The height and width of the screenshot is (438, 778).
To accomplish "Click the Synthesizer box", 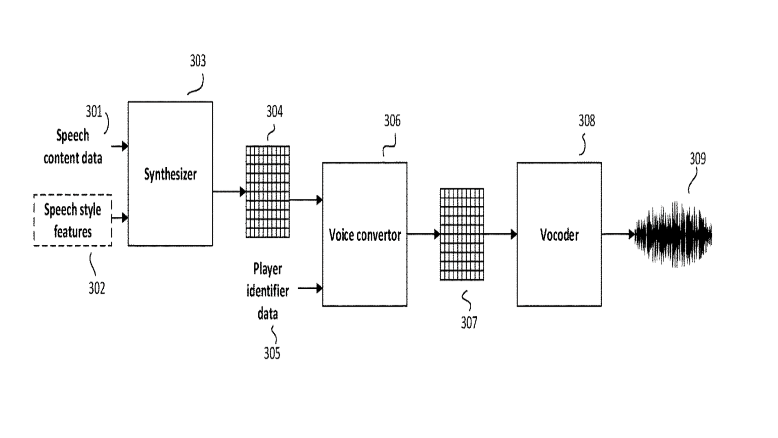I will (170, 173).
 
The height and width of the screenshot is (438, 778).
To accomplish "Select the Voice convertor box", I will (364, 234).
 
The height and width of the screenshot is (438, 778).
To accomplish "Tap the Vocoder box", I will (559, 234).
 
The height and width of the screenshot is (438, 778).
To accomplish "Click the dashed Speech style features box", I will (73, 221).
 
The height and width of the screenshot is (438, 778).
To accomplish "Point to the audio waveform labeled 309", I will (674, 235).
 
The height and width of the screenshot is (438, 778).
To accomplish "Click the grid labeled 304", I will (267, 192).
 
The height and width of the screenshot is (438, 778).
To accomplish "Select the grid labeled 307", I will (462, 234).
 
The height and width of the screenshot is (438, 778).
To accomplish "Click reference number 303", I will (198, 61).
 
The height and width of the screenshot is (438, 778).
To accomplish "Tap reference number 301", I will (94, 111).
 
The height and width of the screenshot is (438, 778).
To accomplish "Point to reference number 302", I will (97, 288).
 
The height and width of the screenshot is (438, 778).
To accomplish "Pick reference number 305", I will (271, 353).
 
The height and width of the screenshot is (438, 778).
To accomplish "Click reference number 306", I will (392, 121).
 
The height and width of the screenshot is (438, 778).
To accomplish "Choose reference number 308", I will (586, 121).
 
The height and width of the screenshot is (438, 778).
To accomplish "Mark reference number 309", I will (698, 159).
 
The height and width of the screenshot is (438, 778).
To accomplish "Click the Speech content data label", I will (72, 147).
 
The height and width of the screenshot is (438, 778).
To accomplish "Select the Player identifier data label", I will (267, 291).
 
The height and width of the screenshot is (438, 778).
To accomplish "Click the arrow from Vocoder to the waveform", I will (618, 234).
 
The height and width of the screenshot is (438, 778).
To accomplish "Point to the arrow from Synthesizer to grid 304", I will (229, 192).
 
